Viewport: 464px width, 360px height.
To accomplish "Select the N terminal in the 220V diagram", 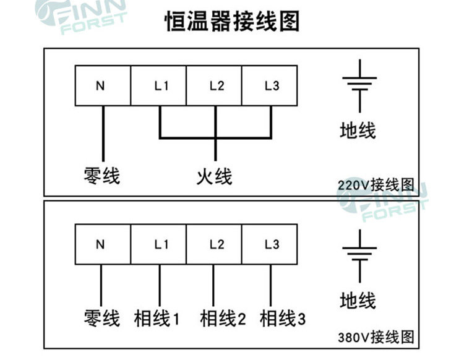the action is click(x=102, y=87).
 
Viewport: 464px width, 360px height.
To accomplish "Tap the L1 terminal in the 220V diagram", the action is click(x=158, y=87).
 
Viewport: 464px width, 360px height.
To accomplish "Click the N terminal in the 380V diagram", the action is click(x=102, y=244).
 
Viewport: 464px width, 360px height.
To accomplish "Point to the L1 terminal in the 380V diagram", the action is click(x=158, y=244).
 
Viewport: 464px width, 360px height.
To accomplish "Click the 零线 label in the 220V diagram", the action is click(x=101, y=176).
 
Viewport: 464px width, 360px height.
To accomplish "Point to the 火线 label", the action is click(x=214, y=176).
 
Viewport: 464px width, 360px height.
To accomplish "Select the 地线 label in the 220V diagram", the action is click(x=358, y=131).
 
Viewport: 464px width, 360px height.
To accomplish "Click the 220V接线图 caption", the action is click(x=375, y=184).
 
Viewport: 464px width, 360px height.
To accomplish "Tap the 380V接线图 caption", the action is click(x=375, y=338).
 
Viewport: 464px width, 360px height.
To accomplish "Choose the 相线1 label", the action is click(x=157, y=319).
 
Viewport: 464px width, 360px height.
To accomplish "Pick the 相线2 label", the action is click(x=223, y=319).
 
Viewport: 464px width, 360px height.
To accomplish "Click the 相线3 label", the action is click(x=283, y=319).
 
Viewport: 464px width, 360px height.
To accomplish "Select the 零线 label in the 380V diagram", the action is click(x=101, y=319).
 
